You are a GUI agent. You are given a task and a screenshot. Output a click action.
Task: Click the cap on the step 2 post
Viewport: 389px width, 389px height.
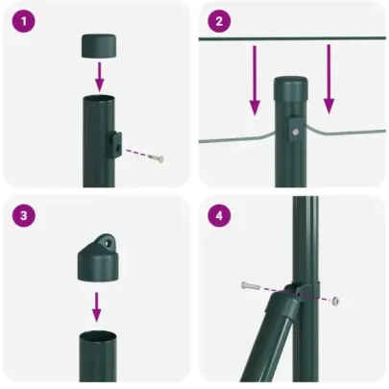pos(292,89)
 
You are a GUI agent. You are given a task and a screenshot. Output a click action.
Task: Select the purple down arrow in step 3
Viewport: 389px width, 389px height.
pos(96,305)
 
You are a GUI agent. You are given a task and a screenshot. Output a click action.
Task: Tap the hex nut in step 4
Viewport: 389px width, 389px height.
pos(335,300)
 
